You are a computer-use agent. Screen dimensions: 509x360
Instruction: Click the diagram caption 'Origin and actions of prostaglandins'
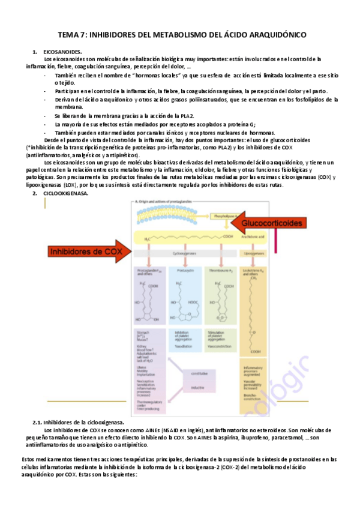(x=162, y=203)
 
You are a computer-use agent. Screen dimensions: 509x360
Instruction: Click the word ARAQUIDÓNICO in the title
(x=272, y=35)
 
